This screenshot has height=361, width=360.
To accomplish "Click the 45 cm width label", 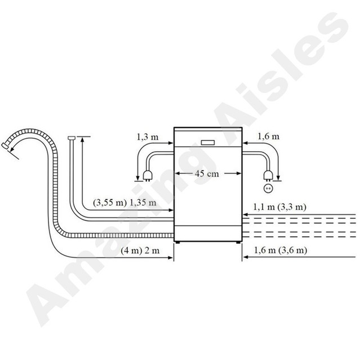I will coord(207,174).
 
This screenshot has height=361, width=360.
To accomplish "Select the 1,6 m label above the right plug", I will coord(268,137).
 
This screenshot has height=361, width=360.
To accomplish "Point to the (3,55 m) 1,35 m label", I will coord(124,202).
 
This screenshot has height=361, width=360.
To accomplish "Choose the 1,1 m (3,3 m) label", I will coord(279,207).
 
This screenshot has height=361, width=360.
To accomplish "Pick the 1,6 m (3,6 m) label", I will coord(279,249).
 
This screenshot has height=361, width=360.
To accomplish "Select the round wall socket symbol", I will coord(268,188).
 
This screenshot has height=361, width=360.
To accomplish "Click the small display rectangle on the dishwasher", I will coord(207,142).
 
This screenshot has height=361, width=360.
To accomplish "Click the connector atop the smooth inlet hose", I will coord(70,138).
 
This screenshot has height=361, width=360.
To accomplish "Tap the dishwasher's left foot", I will coord(178,242).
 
